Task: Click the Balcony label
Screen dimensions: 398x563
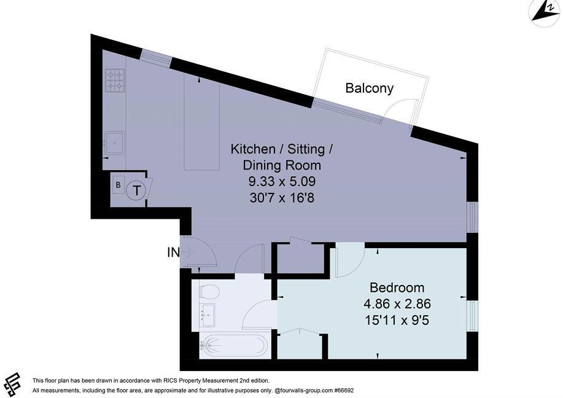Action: [x=369, y=88]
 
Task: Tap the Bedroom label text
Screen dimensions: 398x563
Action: [x=397, y=287]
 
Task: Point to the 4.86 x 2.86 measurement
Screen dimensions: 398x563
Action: [x=397, y=303]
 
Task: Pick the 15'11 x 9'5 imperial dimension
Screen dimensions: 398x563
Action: [x=397, y=319]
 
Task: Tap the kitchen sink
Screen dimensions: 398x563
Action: [x=114, y=143]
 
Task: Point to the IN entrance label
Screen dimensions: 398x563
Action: [x=173, y=252]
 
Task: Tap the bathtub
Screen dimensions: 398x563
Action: [x=235, y=346]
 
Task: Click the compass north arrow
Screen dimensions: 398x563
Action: [x=543, y=12]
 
